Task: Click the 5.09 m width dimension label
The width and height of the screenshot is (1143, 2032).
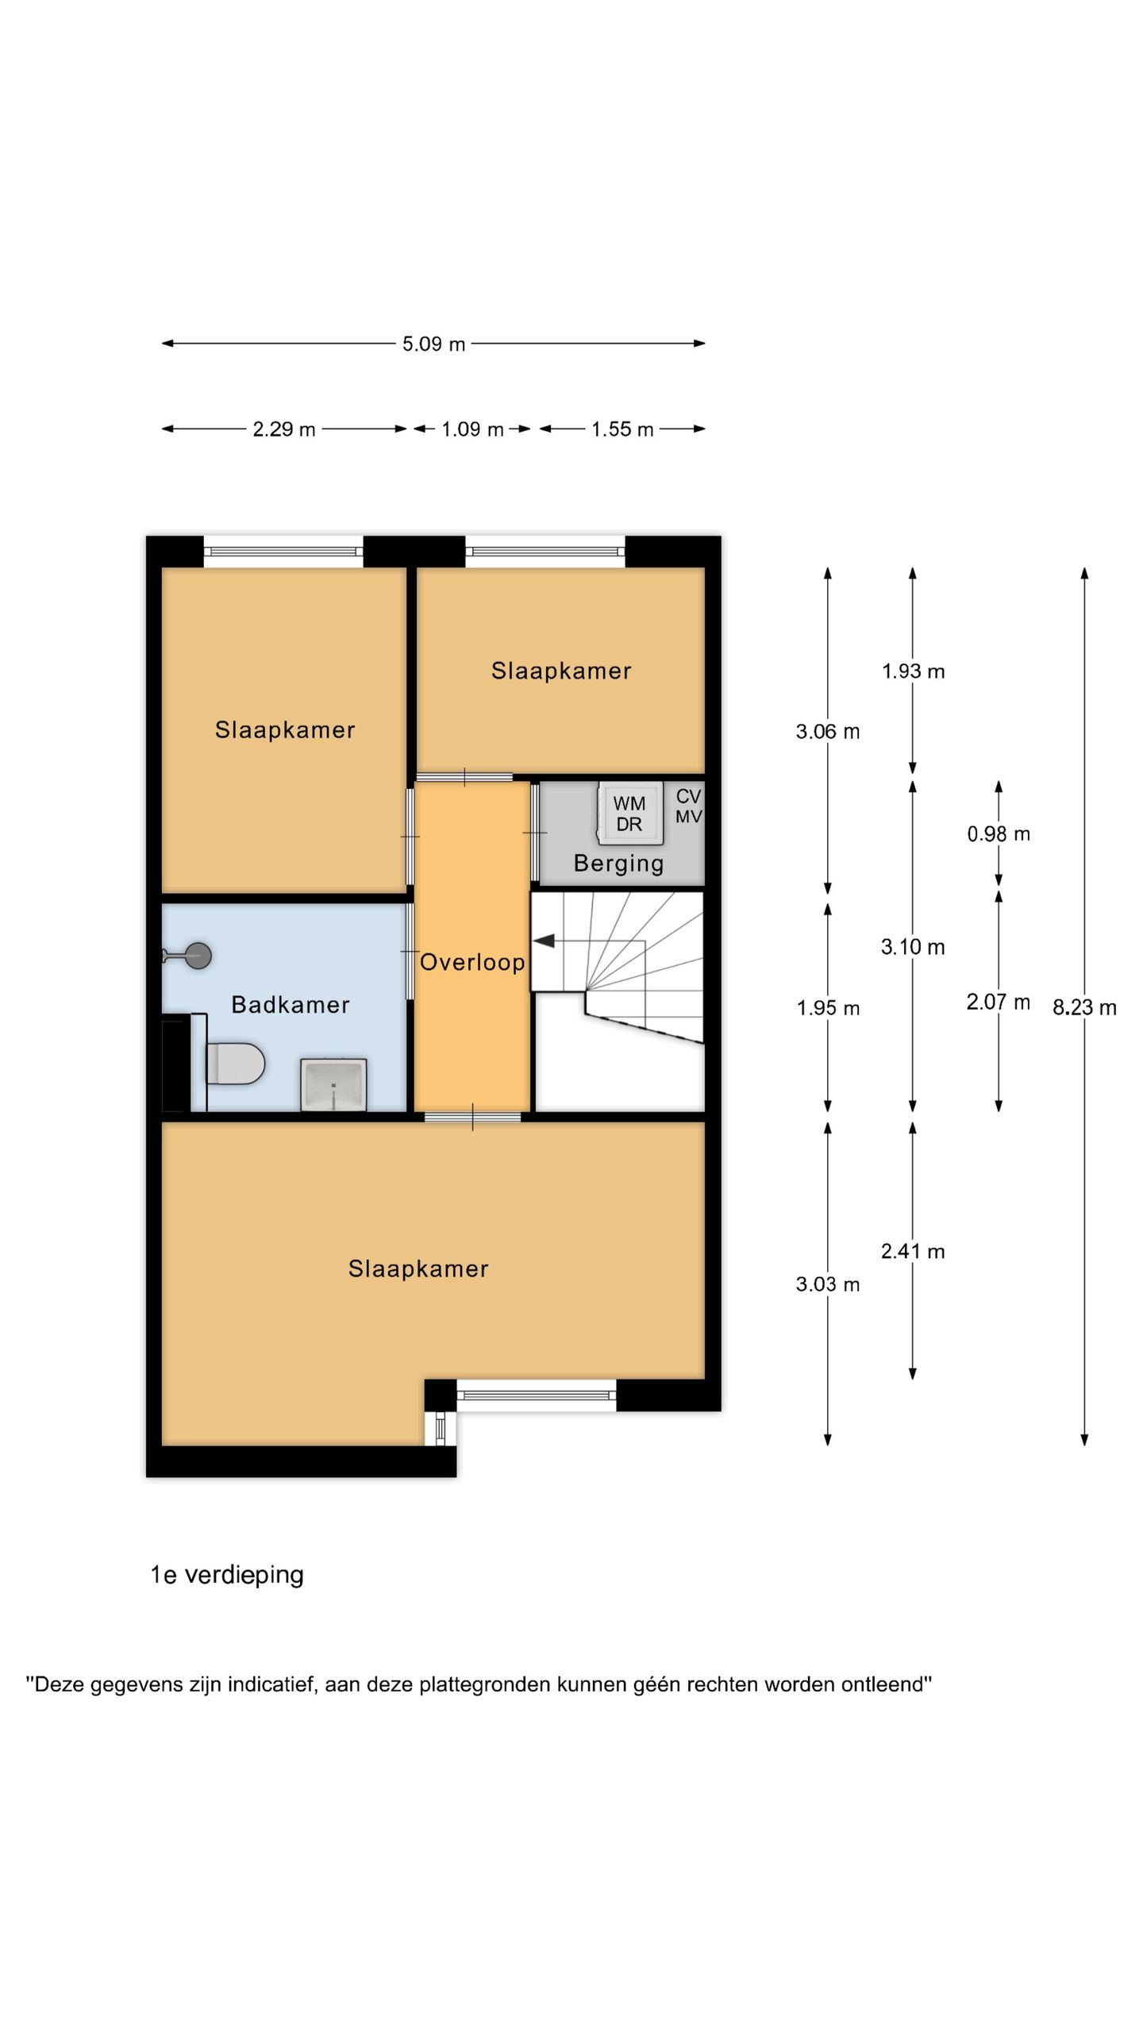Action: (x=433, y=344)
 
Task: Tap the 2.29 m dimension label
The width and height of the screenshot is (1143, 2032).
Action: (x=284, y=429)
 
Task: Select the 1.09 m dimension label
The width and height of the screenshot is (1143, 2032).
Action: (x=472, y=429)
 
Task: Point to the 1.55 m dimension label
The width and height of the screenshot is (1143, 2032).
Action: (x=622, y=429)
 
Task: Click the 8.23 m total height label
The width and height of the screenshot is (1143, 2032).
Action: (x=1084, y=1007)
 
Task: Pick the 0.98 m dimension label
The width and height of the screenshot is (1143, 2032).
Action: (x=999, y=833)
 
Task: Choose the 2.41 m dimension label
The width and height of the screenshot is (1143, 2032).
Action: (x=913, y=1252)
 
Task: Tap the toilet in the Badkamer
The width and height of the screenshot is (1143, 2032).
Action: (x=235, y=1064)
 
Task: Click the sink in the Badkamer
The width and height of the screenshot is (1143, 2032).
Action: (x=333, y=1084)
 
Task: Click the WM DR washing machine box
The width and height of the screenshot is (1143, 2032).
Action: (x=629, y=814)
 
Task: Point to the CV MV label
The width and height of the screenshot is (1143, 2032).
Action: (x=688, y=806)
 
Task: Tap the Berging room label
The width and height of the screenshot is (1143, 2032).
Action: (x=618, y=864)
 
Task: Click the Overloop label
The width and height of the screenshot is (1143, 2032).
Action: (x=472, y=962)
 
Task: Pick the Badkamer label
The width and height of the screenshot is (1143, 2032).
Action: (x=291, y=1005)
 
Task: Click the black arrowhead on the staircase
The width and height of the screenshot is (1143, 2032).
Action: (x=544, y=941)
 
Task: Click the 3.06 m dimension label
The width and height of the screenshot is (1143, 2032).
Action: (x=828, y=731)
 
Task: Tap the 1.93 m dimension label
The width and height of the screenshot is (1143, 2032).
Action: (x=913, y=672)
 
